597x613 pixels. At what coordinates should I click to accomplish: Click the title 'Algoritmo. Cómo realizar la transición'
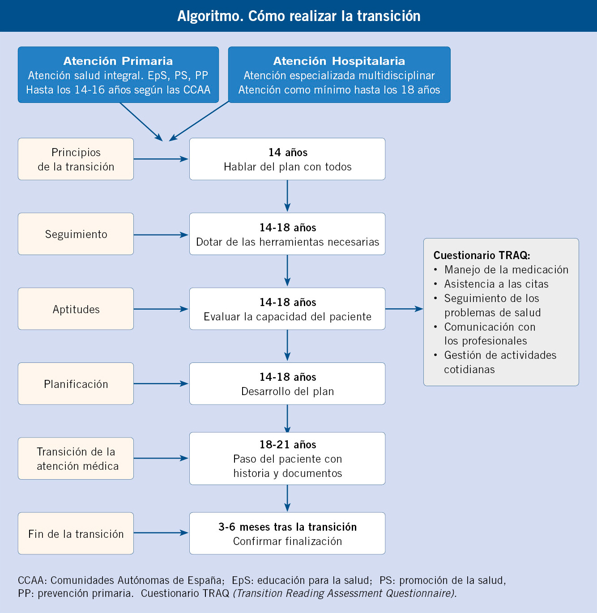[x=298, y=16]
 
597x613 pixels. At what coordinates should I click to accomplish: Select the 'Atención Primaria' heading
[x=118, y=61]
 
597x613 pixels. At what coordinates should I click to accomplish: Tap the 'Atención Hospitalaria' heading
[x=339, y=61]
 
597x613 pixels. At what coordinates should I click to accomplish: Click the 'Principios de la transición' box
[x=76, y=159]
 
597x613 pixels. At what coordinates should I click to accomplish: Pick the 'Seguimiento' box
[x=76, y=234]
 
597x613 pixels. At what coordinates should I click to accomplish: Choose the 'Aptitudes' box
[x=76, y=309]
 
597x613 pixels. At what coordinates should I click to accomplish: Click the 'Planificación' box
[x=76, y=383]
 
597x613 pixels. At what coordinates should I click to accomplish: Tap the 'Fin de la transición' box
[x=76, y=533]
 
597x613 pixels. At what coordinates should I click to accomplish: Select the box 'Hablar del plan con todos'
[x=287, y=159]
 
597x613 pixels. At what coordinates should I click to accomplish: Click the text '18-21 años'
[x=288, y=444]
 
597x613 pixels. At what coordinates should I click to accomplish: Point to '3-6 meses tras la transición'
[x=288, y=527]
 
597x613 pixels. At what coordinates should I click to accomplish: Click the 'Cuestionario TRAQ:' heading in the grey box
[x=482, y=255]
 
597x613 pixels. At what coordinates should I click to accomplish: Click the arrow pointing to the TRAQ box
[x=404, y=309]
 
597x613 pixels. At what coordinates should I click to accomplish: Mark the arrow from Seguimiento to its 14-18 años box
[x=161, y=234]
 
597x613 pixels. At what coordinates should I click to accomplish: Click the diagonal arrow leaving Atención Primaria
[x=141, y=122]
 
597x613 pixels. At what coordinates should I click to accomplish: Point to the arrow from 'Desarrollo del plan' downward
[x=287, y=419]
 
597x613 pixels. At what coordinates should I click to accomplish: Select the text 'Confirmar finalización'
[x=287, y=541]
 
